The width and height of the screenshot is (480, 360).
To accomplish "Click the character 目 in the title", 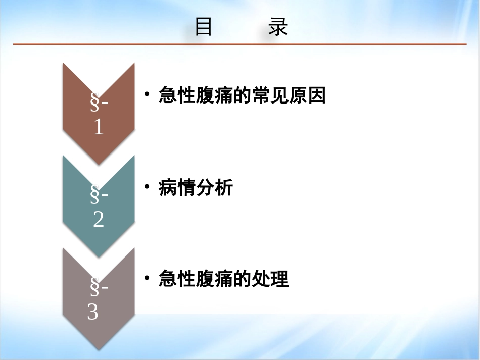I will click(204, 28).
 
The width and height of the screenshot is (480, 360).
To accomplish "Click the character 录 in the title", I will click(278, 28).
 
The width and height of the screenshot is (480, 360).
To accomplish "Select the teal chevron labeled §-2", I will click(99, 204).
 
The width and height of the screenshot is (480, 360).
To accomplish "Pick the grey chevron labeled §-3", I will click(99, 298).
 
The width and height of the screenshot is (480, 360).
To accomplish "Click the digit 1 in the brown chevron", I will click(99, 127).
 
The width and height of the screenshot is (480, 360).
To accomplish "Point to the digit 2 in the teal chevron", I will click(99, 220).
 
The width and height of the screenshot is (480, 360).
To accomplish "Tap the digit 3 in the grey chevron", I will click(92, 313).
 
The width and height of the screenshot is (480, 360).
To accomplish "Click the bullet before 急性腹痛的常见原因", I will click(147, 94).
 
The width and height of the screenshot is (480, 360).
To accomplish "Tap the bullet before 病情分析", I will click(147, 187).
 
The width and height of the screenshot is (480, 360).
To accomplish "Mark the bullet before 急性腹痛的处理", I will click(147, 278).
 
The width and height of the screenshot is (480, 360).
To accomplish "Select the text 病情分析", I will click(196, 188).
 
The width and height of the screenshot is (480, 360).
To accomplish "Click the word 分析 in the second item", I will click(214, 188).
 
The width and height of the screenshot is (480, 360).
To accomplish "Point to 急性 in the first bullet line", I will click(177, 95).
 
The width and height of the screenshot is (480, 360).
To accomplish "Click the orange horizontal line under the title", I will click(240, 44).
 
